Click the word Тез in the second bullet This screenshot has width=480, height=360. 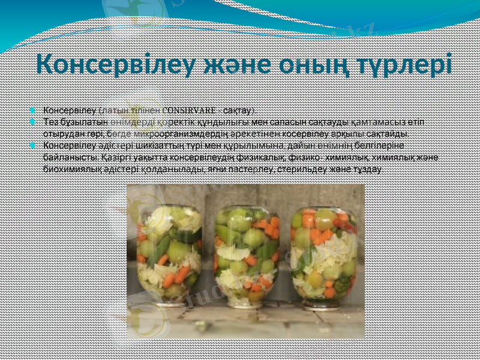50,122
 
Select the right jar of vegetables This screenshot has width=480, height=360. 324,252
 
